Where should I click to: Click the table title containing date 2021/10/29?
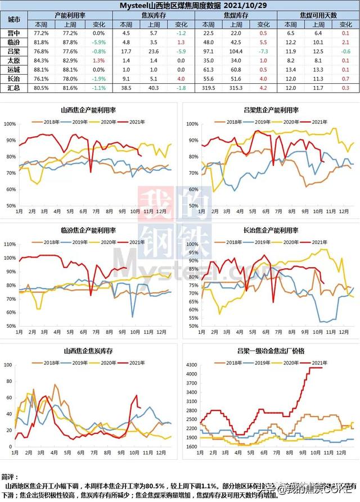180,6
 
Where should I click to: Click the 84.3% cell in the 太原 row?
41,61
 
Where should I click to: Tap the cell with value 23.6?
154,52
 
